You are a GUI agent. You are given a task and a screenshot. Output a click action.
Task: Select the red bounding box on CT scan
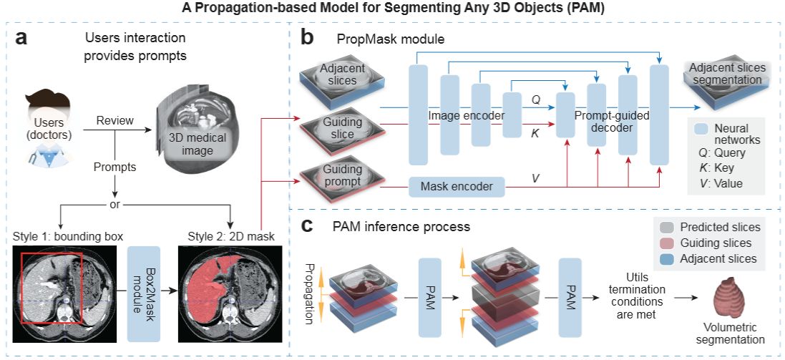tap(52, 287)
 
